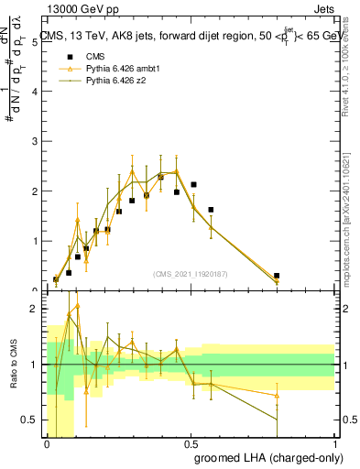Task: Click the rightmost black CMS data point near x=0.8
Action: coord(277,275)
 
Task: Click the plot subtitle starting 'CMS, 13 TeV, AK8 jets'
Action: coord(192,36)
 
